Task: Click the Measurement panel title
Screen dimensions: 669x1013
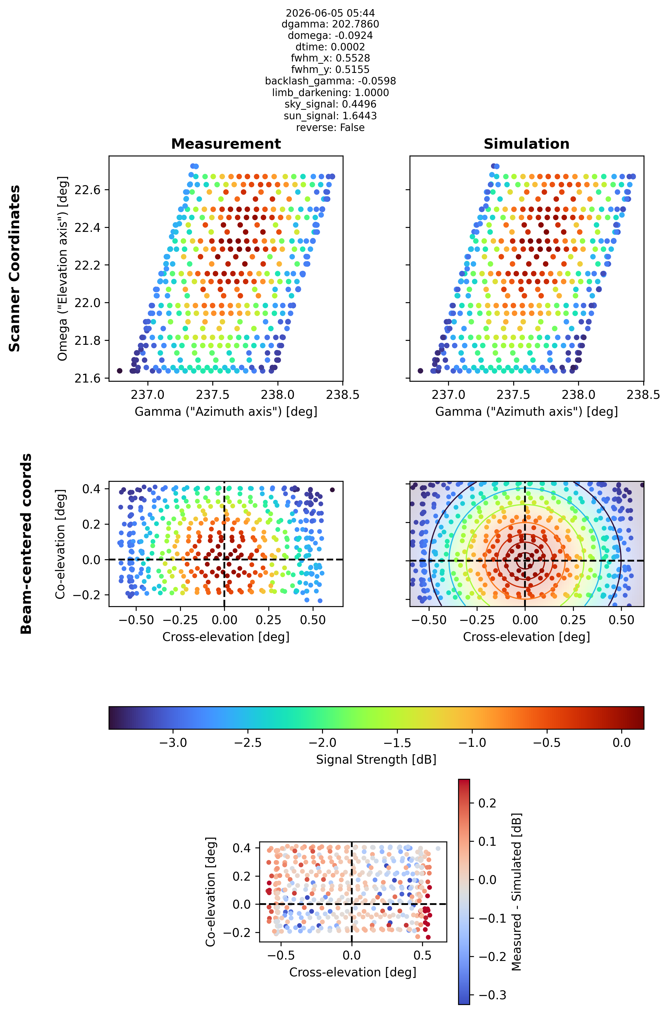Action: (x=226, y=144)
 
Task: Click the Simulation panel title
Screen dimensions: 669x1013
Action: (x=526, y=144)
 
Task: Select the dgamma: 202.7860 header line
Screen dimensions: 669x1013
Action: (x=330, y=24)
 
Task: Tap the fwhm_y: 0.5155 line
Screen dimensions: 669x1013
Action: (x=330, y=69)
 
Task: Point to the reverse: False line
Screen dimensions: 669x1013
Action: (x=330, y=128)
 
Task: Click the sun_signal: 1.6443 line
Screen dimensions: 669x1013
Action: (x=330, y=116)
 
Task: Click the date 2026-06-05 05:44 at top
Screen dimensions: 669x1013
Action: (x=330, y=13)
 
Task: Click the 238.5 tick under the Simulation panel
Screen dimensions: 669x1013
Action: (x=643, y=395)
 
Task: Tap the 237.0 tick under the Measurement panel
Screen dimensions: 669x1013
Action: (x=148, y=395)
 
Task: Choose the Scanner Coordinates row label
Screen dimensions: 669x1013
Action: (x=15, y=268)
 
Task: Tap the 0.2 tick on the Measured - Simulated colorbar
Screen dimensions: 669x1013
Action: (x=487, y=803)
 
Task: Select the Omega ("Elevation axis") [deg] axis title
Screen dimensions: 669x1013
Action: (x=63, y=268)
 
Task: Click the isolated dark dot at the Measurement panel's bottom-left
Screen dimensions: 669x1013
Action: (x=119, y=371)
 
